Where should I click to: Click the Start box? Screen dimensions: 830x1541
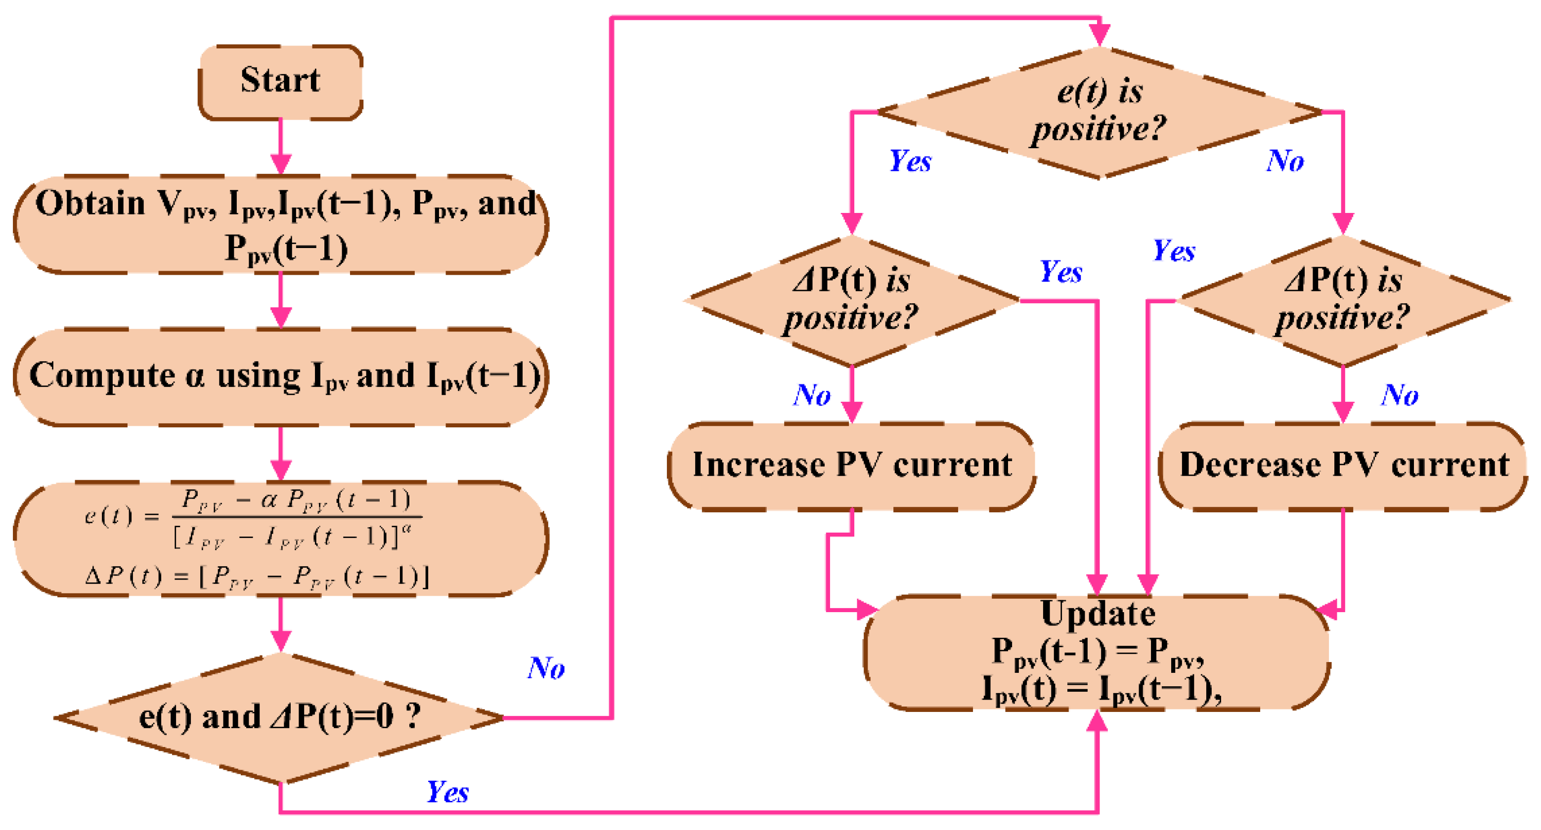pos(280,82)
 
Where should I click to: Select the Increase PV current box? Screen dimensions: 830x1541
pos(851,465)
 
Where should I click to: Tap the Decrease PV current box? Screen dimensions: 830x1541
pos(1343,465)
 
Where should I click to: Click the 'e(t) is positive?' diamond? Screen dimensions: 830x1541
pos(1099,111)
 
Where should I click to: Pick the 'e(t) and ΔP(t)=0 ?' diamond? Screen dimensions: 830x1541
pos(280,717)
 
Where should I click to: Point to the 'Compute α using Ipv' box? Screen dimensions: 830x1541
pos(280,377)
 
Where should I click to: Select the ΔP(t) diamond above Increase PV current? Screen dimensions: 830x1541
pos(851,300)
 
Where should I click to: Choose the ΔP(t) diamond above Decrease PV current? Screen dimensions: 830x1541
pos(1343,300)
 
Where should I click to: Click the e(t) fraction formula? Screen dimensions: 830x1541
pos(251,518)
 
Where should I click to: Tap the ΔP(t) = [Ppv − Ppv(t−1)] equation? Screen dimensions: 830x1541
pos(257,577)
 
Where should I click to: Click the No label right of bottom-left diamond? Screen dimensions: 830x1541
pos(546,668)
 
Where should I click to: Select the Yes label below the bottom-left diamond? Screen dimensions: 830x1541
pos(447,792)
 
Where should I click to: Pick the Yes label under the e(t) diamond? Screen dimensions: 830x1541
pos(910,162)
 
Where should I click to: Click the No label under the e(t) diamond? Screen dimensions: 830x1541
pos(1285,162)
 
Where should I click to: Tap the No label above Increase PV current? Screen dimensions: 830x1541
pos(812,395)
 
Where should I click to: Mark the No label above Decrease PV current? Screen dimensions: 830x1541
pos(1399,395)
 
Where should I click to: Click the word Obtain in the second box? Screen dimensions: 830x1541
pos(90,204)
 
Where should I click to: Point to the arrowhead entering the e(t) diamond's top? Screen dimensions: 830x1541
pos(1100,35)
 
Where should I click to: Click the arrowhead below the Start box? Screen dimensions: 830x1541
pos(280,163)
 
